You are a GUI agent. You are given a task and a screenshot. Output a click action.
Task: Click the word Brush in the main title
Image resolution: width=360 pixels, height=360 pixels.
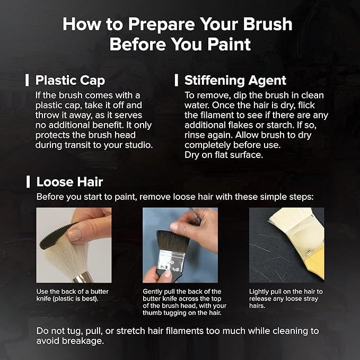click(x=268, y=24)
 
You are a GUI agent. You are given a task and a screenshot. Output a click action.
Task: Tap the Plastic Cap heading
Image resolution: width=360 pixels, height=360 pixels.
click(x=70, y=81)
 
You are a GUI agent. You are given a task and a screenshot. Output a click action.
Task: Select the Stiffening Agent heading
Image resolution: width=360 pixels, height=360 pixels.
click(x=235, y=81)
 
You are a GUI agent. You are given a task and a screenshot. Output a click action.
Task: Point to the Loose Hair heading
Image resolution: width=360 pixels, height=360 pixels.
click(x=69, y=182)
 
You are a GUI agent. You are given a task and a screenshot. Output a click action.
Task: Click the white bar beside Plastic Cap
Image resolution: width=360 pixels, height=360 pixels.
click(x=27, y=80)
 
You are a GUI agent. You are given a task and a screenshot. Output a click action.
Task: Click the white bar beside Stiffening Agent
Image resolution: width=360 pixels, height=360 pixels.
click(x=177, y=80)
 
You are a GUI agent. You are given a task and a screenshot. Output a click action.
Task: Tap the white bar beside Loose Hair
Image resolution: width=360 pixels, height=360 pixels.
click(x=28, y=182)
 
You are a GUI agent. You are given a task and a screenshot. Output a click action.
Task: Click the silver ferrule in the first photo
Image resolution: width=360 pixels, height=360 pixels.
click(x=83, y=277)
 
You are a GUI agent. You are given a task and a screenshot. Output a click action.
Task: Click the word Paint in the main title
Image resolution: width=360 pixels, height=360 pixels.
click(x=229, y=44)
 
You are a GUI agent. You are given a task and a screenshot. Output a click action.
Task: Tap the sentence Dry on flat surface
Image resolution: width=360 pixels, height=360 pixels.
click(x=224, y=155)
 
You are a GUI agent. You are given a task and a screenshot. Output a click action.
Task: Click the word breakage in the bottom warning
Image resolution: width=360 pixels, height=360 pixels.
click(x=83, y=341)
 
